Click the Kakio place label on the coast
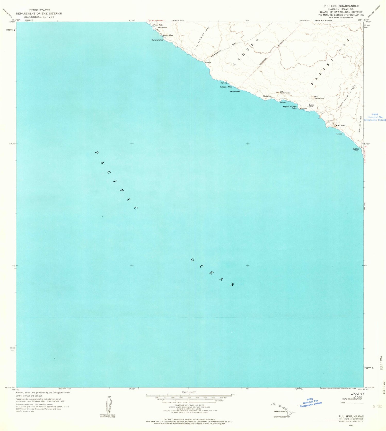tap(208, 62)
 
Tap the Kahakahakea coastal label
tap(157, 40)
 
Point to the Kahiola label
tap(224, 83)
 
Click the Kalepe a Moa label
tap(226, 87)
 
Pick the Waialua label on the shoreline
tap(267, 96)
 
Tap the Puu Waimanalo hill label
tap(319, 97)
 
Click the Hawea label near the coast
tap(339, 134)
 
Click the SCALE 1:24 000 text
tap(189, 392)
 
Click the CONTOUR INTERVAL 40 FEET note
tap(189, 405)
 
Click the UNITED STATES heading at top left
tap(39, 10)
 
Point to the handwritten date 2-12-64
tap(358, 394)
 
